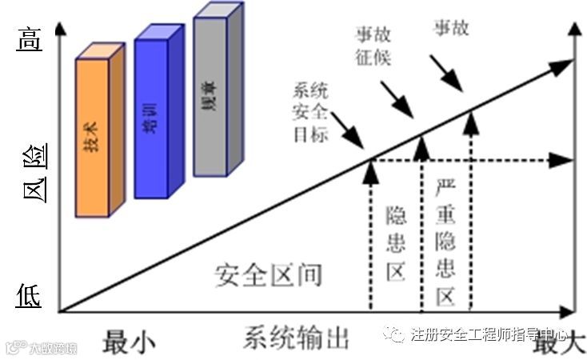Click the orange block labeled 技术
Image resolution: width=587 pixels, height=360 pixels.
95,136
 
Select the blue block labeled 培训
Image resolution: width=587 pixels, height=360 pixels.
150,116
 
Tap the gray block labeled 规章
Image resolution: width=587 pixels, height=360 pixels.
210,96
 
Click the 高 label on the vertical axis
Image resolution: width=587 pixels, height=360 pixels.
29,38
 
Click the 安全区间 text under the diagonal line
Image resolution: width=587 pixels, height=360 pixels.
268,274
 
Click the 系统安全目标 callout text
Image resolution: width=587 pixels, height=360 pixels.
310,112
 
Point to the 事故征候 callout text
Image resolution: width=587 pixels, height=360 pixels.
373,44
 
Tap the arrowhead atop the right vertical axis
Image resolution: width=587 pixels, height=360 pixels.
576,30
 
